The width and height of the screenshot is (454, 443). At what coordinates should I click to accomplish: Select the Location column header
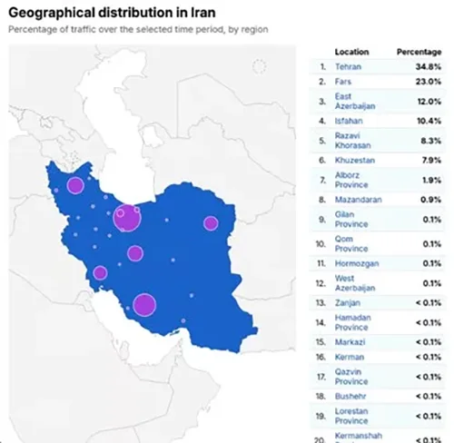[351, 52]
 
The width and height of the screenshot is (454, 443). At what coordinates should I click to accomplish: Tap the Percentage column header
[420, 52]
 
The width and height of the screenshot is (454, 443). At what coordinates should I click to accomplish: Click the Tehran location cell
[348, 66]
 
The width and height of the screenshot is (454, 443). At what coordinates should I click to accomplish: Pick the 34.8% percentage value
[429, 66]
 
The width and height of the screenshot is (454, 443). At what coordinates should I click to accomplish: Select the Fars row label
[342, 82]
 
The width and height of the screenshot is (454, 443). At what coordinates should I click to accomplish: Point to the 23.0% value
[429, 82]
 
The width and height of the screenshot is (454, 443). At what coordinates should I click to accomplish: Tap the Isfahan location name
[348, 120]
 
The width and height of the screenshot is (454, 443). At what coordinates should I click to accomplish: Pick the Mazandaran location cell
[358, 199]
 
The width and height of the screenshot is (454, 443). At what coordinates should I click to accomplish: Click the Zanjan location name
[346, 302]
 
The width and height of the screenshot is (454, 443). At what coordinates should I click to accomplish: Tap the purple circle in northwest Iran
[75, 186]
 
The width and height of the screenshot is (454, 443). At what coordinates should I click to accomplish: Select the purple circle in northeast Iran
[211, 223]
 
